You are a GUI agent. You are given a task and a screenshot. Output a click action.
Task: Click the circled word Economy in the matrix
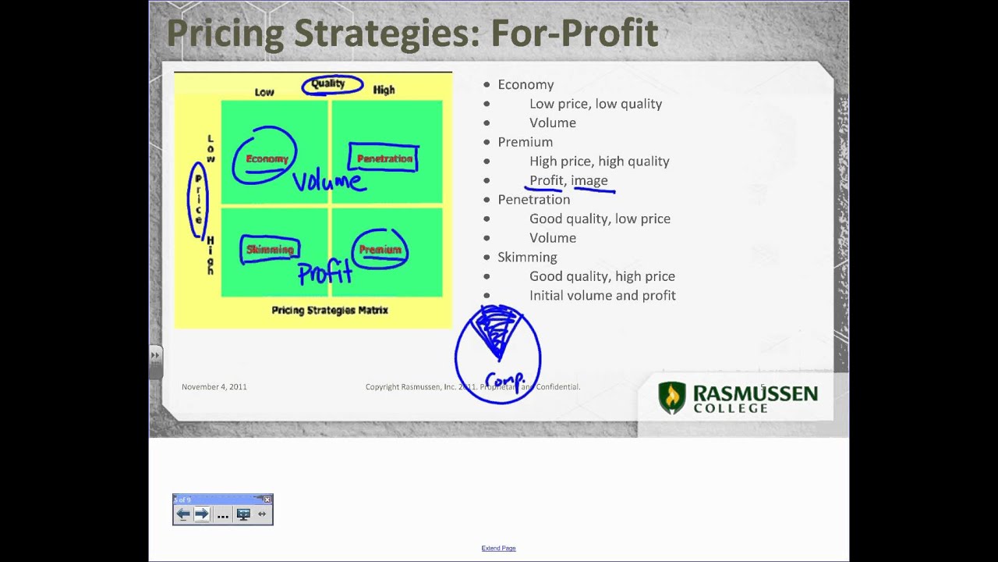coord(267,159)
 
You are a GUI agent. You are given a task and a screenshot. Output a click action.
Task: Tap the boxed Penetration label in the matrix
coord(384,159)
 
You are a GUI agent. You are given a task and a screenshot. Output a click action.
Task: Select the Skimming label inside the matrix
coord(270,250)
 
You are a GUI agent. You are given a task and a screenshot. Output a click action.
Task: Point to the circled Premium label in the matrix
coord(380,250)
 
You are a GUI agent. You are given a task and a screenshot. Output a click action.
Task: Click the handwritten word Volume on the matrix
coord(327,182)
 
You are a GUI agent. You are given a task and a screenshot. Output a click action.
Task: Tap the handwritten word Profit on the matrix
coord(325,273)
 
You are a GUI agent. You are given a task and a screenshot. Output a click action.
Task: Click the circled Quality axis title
coord(328,84)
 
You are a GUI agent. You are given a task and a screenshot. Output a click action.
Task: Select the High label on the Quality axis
coord(384,91)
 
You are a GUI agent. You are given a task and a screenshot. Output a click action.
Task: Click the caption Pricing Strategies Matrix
coord(330,311)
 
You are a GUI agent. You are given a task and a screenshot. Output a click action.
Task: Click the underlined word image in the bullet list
coord(589,180)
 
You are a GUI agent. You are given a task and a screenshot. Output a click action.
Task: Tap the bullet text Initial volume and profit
coord(602,296)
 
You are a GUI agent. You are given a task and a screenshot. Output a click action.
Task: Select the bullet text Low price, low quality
coord(596,104)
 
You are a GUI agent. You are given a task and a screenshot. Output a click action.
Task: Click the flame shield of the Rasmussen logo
coord(671,397)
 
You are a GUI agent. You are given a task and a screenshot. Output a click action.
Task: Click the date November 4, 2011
coord(214,386)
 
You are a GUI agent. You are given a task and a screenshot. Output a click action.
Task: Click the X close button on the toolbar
coord(267,500)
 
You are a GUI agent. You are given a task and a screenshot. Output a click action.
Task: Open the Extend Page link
coord(498,549)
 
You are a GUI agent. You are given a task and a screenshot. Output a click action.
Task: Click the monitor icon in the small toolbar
coord(243,514)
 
